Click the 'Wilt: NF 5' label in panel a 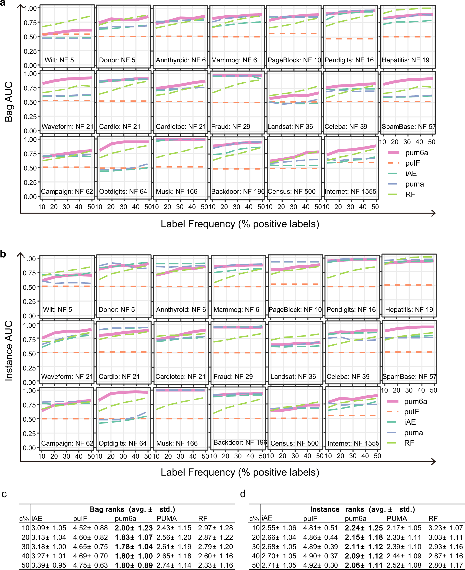[59, 60]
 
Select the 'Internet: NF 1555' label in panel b [353, 443]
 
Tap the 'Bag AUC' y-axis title [9, 102]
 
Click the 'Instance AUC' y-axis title [9, 351]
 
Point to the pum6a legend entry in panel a [416, 153]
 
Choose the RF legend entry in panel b [409, 443]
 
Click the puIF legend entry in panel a [412, 163]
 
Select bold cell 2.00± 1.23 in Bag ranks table [133, 528]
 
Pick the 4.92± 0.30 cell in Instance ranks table [320, 565]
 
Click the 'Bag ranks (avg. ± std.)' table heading [132, 509]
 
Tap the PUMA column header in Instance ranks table [397, 519]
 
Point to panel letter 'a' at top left [3, 4]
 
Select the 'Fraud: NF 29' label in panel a [231, 127]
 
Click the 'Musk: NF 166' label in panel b [177, 443]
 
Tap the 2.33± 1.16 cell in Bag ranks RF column [215, 565]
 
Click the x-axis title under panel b [240, 472]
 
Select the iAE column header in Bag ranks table [37, 519]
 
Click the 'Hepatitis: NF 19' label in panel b [409, 310]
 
